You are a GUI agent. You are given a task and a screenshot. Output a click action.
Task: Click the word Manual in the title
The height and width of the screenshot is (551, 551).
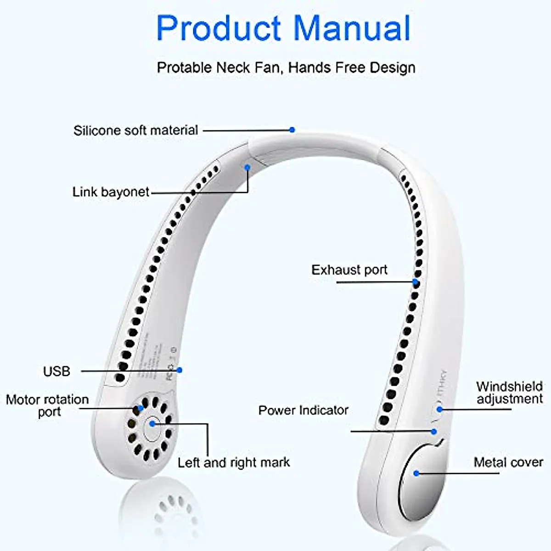(352, 28)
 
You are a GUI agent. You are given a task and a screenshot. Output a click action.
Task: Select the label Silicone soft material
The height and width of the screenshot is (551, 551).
(135, 130)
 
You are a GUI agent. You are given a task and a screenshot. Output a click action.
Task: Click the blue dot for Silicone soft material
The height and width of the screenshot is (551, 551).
(292, 130)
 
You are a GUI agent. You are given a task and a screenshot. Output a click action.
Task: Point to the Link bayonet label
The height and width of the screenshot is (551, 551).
(111, 192)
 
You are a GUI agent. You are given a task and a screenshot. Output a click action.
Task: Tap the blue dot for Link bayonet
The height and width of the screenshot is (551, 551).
(247, 168)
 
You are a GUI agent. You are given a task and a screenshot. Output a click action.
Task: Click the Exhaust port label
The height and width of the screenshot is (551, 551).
(349, 270)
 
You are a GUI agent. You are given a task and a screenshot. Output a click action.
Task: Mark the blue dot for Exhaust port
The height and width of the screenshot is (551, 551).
(415, 282)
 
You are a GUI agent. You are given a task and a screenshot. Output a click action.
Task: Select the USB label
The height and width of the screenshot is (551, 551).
(56, 371)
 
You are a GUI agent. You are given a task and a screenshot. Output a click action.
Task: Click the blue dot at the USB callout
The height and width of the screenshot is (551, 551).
(180, 370)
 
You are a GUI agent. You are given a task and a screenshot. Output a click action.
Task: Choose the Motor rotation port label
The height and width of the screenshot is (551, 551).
(47, 405)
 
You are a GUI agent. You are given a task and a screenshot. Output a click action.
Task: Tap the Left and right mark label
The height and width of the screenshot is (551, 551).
(234, 462)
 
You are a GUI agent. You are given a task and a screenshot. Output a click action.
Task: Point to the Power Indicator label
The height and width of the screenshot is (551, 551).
(303, 410)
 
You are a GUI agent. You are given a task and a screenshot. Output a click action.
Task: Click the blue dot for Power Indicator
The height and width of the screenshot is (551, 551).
(433, 432)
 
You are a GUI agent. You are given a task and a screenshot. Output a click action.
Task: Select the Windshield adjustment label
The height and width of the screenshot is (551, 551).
(509, 393)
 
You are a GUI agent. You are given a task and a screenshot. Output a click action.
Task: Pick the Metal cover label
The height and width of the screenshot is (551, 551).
(508, 462)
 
